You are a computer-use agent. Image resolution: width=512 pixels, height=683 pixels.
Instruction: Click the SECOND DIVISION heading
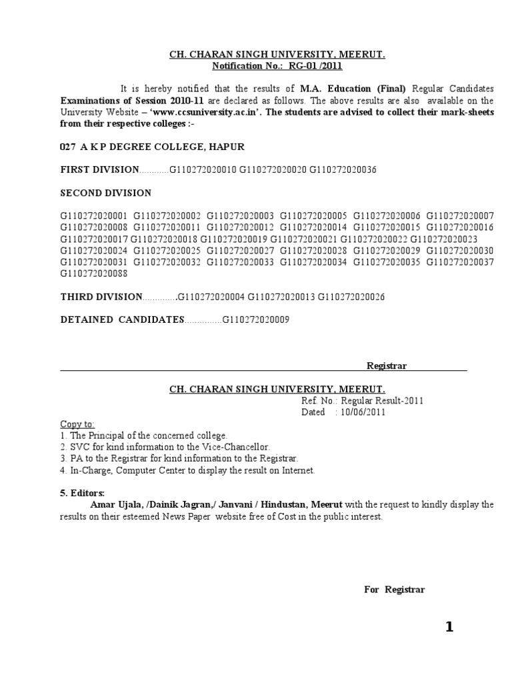[x=106, y=193]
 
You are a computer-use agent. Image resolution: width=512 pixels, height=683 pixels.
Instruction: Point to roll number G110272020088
[x=93, y=273]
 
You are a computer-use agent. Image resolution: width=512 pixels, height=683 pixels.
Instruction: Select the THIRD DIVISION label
[x=101, y=297]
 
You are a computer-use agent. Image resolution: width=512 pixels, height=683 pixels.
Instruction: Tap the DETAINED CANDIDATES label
[x=122, y=320]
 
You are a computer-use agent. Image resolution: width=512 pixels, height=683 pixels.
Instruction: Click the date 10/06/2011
[x=364, y=412]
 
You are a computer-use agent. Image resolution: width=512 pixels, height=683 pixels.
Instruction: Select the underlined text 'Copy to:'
[x=77, y=424]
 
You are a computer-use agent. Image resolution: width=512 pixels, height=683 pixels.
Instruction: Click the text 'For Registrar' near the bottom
[x=394, y=590]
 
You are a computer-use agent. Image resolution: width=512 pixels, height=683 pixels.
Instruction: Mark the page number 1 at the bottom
[x=449, y=627]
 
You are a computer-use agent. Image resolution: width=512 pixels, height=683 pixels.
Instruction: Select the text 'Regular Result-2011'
[x=382, y=401]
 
